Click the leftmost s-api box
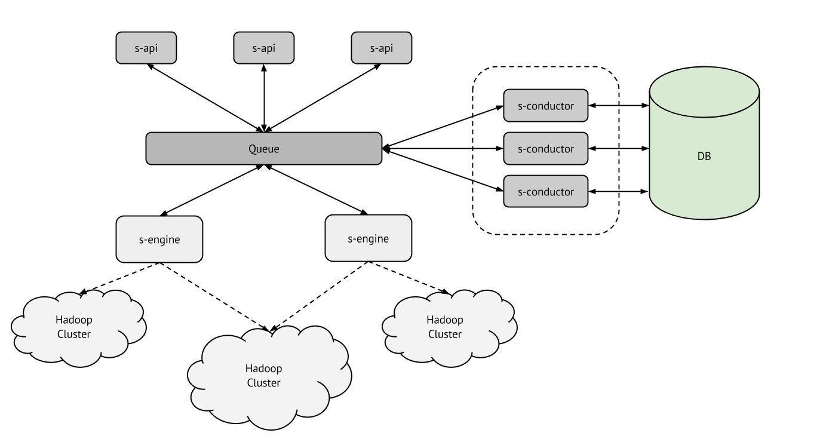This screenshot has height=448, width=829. click(x=146, y=48)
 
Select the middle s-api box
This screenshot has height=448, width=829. click(x=263, y=48)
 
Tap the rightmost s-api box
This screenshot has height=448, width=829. click(x=381, y=48)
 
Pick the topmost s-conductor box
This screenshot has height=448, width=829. click(x=545, y=106)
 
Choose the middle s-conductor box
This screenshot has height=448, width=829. click(x=545, y=149)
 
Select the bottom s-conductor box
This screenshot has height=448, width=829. click(x=545, y=191)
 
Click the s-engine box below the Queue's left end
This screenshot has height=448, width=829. click(x=159, y=240)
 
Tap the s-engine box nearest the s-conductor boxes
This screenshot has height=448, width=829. click(x=368, y=238)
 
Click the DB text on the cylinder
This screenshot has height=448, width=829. click(x=704, y=157)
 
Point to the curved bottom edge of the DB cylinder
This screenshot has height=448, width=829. click(x=704, y=217)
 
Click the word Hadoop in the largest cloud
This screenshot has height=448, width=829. click(x=263, y=368)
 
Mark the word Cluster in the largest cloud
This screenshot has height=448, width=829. click(x=263, y=383)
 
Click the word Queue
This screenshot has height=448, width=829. click(x=263, y=149)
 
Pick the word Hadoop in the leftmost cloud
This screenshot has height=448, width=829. click(x=74, y=320)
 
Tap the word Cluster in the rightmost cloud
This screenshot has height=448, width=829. click(x=444, y=335)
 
